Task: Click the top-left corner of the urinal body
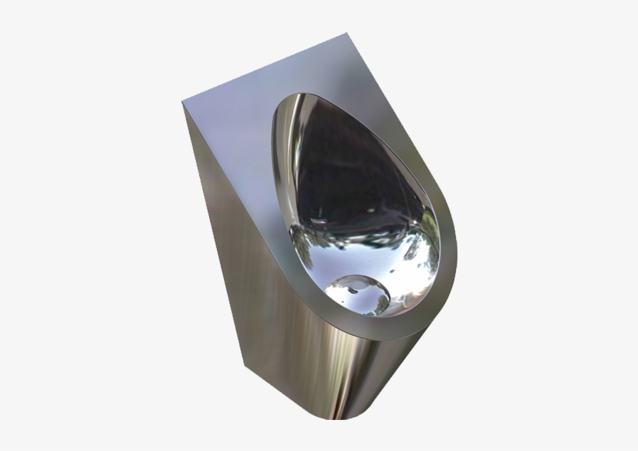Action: coord(183,104)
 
